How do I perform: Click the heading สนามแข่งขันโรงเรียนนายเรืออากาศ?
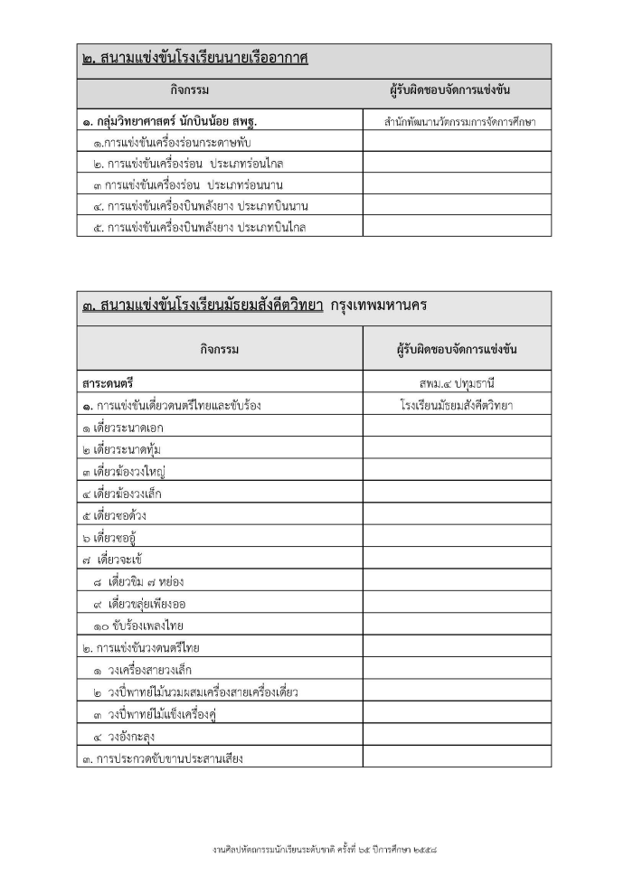click(x=195, y=61)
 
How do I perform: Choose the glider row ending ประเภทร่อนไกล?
click(x=194, y=164)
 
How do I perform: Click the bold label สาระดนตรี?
click(x=109, y=383)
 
